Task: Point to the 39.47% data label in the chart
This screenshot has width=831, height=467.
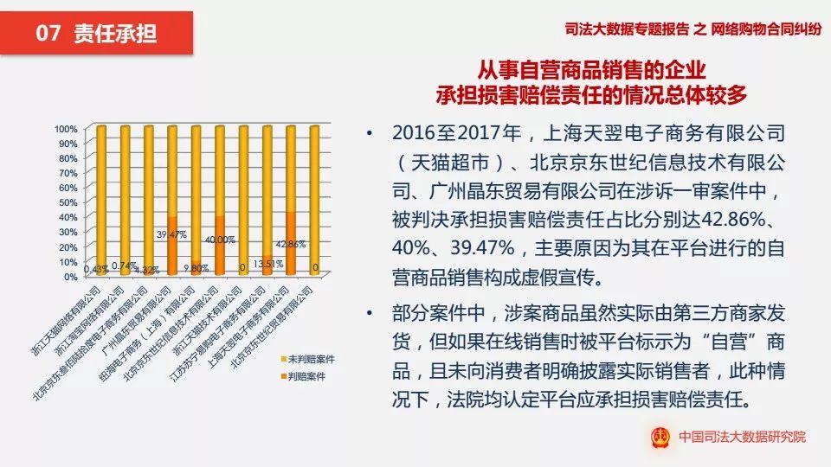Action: pos(174,233)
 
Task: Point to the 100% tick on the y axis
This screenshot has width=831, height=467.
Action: pos(66,129)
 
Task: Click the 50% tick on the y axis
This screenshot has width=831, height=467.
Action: pos(68,202)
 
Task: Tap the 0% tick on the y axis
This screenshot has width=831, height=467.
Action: pos(71,277)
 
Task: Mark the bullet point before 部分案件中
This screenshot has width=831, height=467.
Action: pos(371,312)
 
